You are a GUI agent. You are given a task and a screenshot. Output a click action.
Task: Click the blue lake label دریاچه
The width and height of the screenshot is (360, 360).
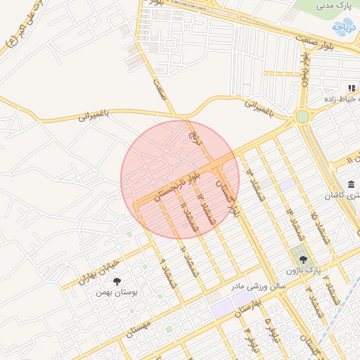(x=345, y=29)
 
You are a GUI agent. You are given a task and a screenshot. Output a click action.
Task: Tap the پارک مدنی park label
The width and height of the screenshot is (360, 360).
(x=334, y=6)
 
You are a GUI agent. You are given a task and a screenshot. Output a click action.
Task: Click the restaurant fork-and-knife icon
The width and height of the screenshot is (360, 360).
(x=350, y=88)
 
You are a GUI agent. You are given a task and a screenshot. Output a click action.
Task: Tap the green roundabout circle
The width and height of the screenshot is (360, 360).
(x=302, y=116)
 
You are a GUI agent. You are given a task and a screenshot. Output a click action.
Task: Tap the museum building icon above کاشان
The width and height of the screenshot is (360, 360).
(x=350, y=184)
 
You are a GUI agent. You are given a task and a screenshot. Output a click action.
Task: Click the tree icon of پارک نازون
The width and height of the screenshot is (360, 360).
(x=303, y=259)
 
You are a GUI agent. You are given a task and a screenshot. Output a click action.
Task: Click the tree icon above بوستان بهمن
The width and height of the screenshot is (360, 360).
(x=117, y=281)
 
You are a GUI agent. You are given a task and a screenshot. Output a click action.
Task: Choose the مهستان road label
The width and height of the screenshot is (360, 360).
(x=136, y=330)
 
